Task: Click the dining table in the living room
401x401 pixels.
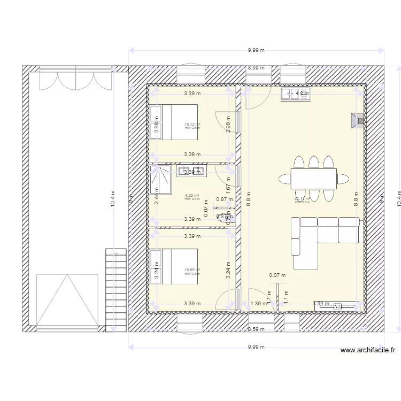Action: (313, 178)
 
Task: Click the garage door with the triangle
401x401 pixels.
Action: (67, 300)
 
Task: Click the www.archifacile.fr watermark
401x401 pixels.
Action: (368, 351)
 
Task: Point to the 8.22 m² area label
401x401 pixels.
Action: (192, 196)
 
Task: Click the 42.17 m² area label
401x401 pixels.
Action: (302, 199)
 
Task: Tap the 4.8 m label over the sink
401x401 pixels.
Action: (303, 94)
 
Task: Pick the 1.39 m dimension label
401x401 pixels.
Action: (259, 304)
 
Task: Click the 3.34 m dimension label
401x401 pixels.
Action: (321, 304)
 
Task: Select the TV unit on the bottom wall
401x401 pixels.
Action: (337, 307)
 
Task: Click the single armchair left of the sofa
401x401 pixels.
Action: (296, 246)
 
